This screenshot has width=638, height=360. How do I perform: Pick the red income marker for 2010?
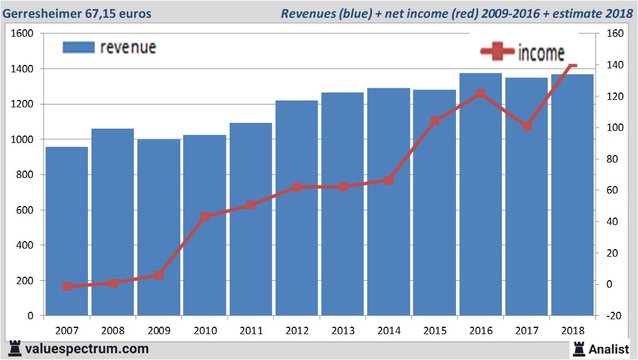click(205, 216)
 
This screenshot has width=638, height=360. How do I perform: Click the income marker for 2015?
click(435, 121)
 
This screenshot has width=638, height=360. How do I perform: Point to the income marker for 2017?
click(527, 126)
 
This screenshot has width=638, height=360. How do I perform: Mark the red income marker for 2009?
click(159, 275)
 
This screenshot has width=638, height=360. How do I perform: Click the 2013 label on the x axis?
click(343, 331)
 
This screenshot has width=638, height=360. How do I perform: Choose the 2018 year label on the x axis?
click(573, 331)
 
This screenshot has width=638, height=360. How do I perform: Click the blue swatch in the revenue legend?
click(78, 47)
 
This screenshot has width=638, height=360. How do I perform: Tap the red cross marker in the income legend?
click(497, 52)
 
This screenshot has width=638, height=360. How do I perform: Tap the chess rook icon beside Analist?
click(578, 348)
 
